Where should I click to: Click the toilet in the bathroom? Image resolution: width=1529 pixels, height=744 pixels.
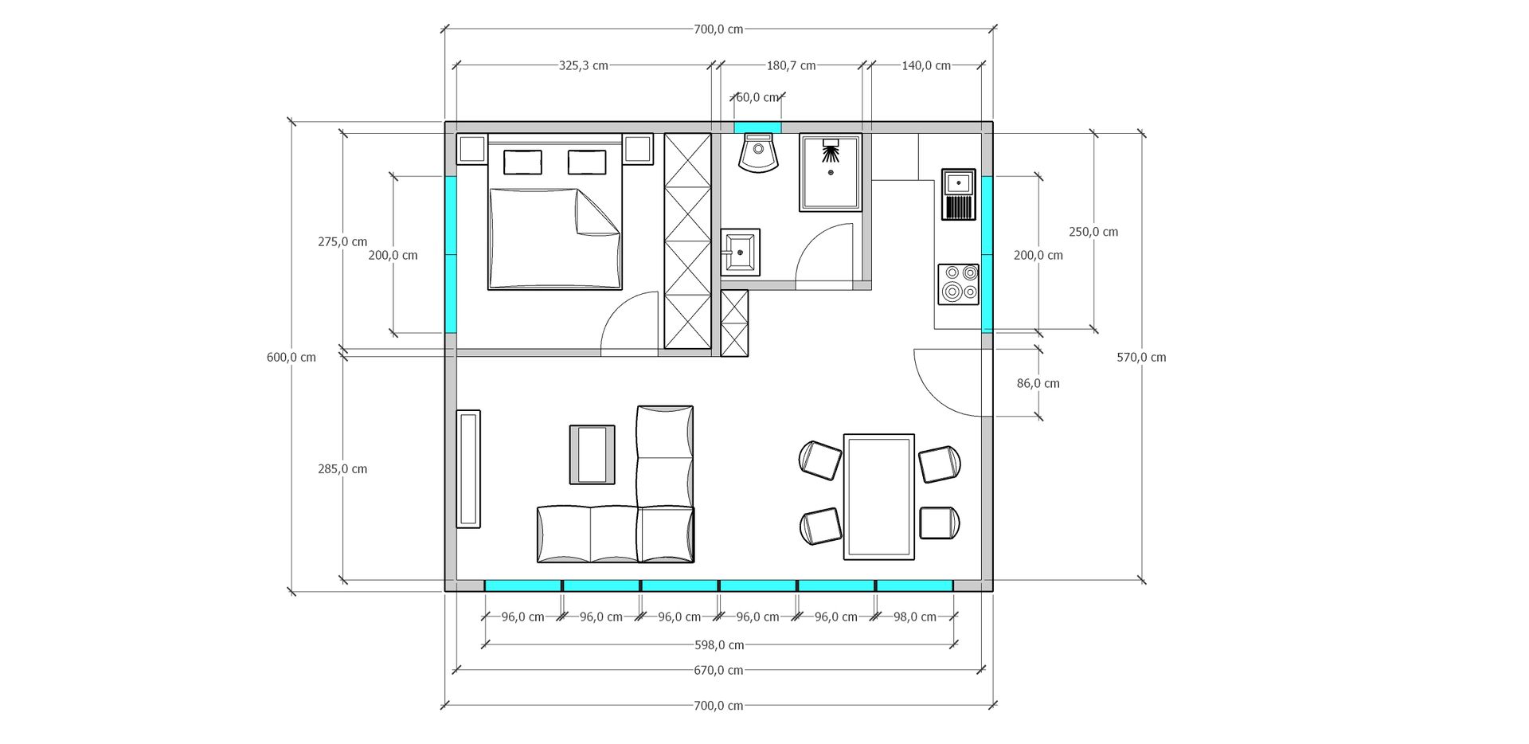point(757,153)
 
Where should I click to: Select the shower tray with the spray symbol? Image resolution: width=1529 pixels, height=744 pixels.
point(831,173)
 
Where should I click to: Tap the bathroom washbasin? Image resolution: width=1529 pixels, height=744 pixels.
point(741,252)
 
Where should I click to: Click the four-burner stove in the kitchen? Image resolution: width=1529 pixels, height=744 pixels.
point(959,284)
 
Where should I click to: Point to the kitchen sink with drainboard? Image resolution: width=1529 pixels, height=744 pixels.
point(959,194)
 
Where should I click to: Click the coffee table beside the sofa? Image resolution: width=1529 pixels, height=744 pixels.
point(592,455)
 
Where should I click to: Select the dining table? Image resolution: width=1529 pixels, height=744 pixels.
point(879,497)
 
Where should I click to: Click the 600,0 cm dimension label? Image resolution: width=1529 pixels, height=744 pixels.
point(291,358)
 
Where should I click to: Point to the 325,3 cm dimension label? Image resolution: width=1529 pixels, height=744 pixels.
point(584,65)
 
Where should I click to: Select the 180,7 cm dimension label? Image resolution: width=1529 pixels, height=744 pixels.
point(792,65)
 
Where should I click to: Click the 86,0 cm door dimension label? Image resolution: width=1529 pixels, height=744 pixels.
point(1038,383)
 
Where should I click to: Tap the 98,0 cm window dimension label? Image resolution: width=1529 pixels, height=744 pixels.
point(915,617)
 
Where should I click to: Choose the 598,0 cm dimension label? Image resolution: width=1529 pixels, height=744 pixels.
point(719,645)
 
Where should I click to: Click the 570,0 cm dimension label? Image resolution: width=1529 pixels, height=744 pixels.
point(1141,358)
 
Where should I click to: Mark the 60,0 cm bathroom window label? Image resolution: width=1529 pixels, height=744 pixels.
point(757,97)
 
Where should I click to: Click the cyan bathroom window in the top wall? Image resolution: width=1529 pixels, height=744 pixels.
point(757,127)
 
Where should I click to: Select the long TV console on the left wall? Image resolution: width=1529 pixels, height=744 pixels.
point(468,469)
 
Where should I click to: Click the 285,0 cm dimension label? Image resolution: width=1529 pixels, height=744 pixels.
point(342,469)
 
